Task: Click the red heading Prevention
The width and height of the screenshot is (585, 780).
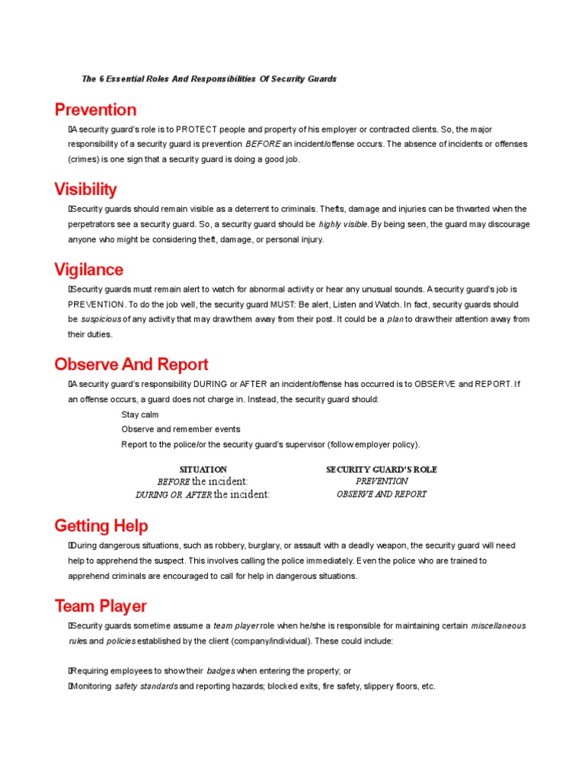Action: coord(95,110)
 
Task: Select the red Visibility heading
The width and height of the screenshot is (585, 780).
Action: coord(85,190)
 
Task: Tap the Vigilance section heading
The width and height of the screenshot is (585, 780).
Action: coord(88,270)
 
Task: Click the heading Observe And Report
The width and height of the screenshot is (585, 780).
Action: coord(131,365)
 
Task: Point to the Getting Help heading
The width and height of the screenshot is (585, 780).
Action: coord(101,526)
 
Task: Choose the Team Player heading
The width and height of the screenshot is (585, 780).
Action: coord(101,606)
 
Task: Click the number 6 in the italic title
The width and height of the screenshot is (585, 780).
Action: coord(101,79)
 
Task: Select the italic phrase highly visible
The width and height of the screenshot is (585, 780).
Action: coord(343,225)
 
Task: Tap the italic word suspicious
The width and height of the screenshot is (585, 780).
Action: coord(101,319)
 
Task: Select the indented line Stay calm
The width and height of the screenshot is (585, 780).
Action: coord(140,414)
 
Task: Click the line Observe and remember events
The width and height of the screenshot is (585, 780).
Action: coord(181,430)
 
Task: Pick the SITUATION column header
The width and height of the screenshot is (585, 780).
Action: coord(203,469)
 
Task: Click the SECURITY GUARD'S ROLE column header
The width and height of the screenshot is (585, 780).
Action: coord(382,469)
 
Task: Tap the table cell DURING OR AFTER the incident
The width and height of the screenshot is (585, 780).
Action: coord(203,494)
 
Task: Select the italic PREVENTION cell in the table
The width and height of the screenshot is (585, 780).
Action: coord(382,481)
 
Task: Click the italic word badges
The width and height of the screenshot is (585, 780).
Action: coord(221,671)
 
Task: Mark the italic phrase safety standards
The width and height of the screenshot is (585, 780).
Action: coord(146,686)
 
